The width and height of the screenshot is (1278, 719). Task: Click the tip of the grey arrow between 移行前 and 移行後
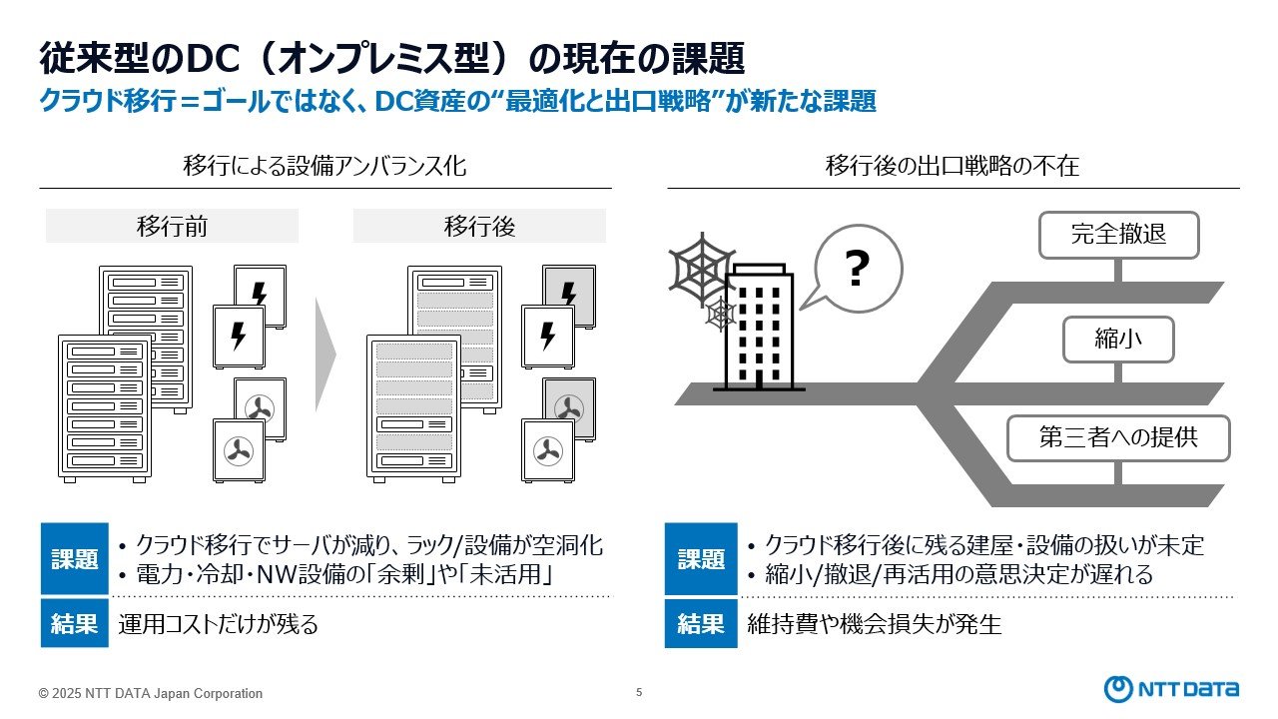pyautogui.click(x=336, y=355)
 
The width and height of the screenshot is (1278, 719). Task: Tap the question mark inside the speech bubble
pyautogui.click(x=857, y=269)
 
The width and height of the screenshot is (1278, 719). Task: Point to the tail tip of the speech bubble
pyautogui.click(x=800, y=310)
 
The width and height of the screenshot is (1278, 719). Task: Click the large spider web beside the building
pyautogui.click(x=702, y=270)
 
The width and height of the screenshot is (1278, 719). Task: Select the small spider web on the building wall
pyautogui.click(x=720, y=314)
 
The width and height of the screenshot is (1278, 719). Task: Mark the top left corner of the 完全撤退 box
pyautogui.click(x=1039, y=213)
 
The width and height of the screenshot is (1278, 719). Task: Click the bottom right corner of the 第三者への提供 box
pyautogui.click(x=1229, y=461)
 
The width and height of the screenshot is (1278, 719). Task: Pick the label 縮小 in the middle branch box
pyautogui.click(x=1118, y=339)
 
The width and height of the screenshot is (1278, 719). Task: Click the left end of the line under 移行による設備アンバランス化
pyautogui.click(x=39, y=188)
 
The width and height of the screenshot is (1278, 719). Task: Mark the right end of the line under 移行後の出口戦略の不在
pyautogui.click(x=1240, y=188)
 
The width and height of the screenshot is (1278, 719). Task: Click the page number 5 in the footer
pyautogui.click(x=639, y=692)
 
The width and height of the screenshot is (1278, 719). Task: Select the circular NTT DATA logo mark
pyautogui.click(x=1118, y=689)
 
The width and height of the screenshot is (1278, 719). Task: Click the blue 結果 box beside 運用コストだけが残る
pyautogui.click(x=75, y=623)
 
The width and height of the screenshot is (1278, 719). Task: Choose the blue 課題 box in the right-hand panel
pyautogui.click(x=701, y=558)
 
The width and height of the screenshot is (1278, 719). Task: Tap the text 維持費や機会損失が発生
pyautogui.click(x=874, y=624)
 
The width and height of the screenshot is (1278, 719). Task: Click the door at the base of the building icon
pyautogui.click(x=759, y=379)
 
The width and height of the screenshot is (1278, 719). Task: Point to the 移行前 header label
pyautogui.click(x=172, y=226)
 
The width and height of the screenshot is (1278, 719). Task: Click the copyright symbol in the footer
pyautogui.click(x=43, y=694)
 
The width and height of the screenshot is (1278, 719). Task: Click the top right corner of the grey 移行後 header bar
pyautogui.click(x=606, y=209)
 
